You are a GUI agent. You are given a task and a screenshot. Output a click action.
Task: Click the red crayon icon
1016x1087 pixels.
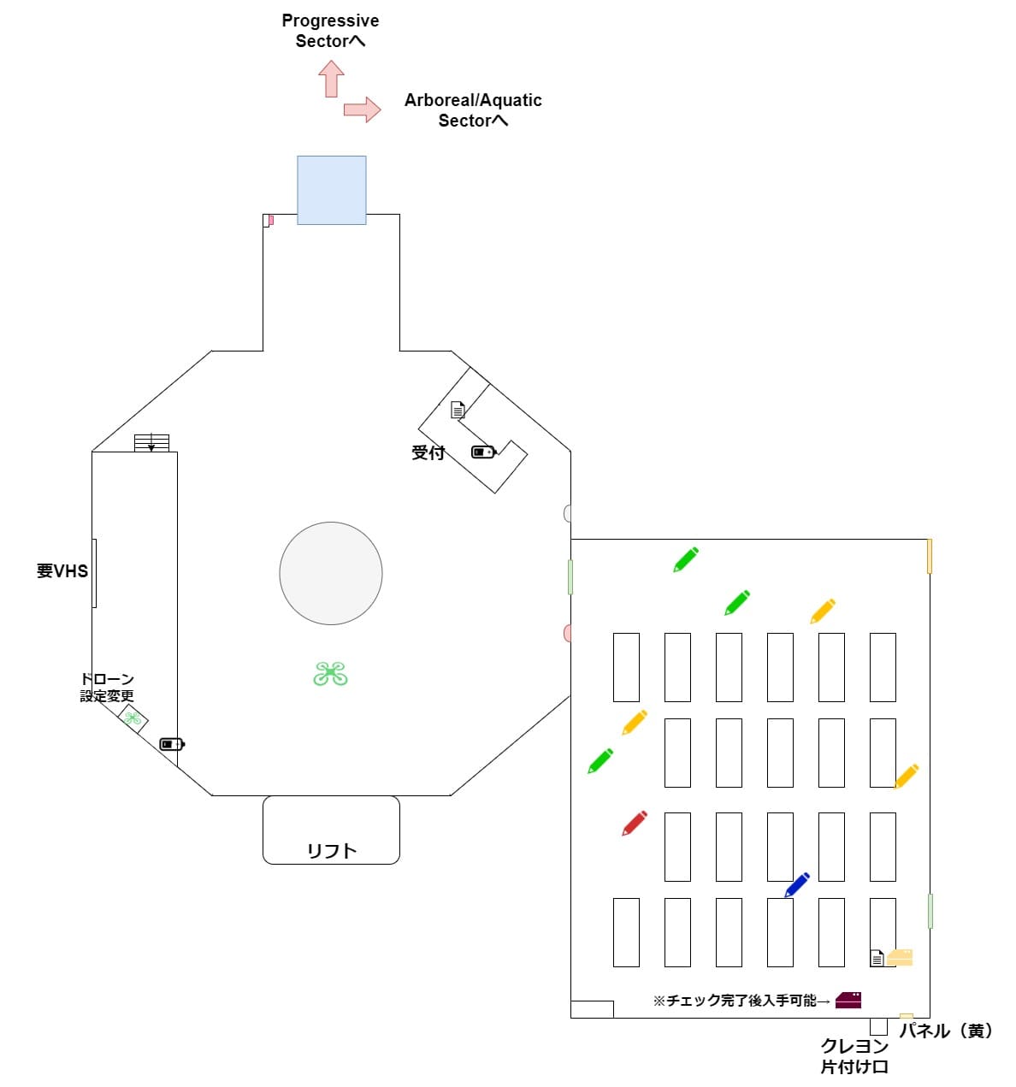634,823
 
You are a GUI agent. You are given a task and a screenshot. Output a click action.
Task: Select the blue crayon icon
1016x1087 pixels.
796,884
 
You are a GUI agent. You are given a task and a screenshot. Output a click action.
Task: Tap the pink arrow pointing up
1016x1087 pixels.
331,79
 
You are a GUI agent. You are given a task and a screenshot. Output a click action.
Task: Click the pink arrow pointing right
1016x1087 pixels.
362,109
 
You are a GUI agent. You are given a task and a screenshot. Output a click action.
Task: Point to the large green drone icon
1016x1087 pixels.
330,673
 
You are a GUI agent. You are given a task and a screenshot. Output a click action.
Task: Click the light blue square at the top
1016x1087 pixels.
331,190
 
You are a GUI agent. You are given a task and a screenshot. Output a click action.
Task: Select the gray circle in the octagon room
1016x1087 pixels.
331,573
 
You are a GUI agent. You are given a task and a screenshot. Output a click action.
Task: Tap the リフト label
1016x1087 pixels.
331,851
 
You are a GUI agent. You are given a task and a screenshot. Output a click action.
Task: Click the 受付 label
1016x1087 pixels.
428,452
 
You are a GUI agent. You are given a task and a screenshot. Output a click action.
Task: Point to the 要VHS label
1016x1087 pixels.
62,570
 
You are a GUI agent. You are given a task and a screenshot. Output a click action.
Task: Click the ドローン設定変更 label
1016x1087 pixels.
107,687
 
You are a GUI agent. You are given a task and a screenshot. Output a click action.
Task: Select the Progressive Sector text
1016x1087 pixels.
330,31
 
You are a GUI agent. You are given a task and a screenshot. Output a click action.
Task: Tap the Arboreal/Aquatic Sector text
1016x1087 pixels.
473,110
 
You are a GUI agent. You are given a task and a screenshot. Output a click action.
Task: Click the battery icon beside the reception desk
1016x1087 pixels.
483,452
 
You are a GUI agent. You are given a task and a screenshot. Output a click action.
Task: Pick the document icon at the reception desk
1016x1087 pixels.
458,410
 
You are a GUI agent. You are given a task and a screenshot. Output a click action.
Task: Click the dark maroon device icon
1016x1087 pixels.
848,1000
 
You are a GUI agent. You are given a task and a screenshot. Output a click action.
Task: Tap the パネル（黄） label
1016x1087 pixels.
945,1031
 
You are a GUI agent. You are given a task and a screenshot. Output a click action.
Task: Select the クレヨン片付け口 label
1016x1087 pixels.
854,1056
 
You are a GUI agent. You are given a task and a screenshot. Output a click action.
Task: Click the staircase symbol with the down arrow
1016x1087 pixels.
151,442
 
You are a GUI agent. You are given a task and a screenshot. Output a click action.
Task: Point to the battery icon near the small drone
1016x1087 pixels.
172,744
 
